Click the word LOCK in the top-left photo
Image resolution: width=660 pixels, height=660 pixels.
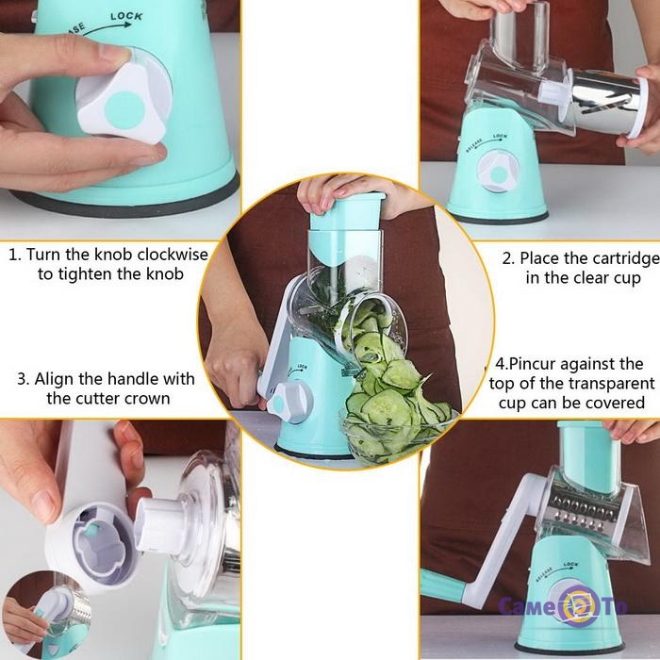tap(126, 17)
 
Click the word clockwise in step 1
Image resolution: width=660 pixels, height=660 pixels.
tap(173, 255)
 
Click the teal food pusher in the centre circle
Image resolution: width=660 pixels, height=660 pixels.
tap(347, 212)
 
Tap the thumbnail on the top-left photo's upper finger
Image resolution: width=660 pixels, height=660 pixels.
tap(114, 54)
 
